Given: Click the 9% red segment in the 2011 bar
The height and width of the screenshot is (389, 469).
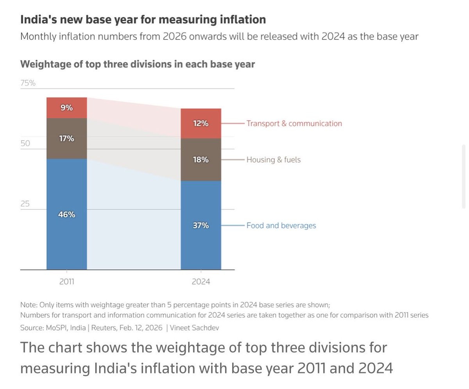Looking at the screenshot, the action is tap(67, 108).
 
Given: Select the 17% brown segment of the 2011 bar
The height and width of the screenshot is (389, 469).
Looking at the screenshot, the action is tap(67, 139).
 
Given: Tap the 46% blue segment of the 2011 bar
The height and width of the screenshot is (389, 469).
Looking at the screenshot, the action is tap(67, 214).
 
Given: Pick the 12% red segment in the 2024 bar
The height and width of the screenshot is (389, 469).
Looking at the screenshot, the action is tap(201, 123).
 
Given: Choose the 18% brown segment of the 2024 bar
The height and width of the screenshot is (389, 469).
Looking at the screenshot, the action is tap(201, 160).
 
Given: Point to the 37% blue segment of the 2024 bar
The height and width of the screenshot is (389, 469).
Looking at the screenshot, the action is tap(201, 225).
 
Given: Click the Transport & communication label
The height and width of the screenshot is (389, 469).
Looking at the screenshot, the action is tap(294, 123).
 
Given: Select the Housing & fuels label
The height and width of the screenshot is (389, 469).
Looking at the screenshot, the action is tap(274, 160).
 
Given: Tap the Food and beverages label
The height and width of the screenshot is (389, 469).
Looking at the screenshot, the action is tap(281, 225).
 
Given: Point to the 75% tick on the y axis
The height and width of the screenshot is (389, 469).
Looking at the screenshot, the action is tap(28, 83).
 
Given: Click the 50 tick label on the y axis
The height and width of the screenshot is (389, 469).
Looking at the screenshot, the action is tap(25, 143).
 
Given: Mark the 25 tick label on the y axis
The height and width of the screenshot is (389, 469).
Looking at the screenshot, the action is tap(25, 203).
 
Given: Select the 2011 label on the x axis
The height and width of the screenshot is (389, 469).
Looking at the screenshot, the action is tap(67, 282).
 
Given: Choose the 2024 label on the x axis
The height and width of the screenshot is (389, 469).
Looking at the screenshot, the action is tap(201, 282).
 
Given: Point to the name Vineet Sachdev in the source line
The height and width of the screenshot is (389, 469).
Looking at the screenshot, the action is tap(194, 328).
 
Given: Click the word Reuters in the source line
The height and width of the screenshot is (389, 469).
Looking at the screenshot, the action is tap(104, 328).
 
